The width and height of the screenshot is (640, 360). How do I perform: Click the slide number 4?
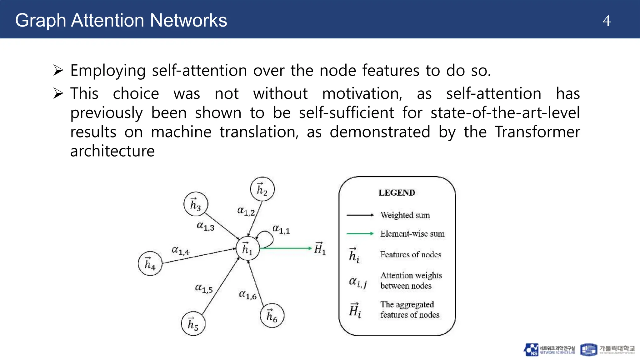click(606, 21)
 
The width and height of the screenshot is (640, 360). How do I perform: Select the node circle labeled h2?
click(262, 189)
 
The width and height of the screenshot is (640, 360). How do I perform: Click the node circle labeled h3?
click(196, 204)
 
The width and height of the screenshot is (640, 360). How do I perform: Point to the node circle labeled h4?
click(150, 263)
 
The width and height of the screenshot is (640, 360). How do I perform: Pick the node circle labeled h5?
click(193, 324)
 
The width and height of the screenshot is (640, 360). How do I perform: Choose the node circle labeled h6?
click(272, 315)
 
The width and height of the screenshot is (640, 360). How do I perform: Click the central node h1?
click(247, 248)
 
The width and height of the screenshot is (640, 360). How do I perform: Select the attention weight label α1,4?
click(181, 251)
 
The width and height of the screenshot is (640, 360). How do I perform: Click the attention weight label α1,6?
click(247, 295)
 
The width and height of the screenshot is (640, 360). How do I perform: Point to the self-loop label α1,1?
click(281, 229)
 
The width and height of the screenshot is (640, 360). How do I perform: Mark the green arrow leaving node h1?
click(286, 248)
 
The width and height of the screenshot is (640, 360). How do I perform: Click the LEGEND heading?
click(397, 192)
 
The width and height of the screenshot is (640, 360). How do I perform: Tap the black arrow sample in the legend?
click(360, 215)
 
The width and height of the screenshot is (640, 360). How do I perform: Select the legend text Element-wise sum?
click(412, 234)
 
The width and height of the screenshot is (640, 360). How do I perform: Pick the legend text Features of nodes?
click(411, 255)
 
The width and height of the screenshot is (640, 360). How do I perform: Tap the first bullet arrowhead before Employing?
click(58, 70)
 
